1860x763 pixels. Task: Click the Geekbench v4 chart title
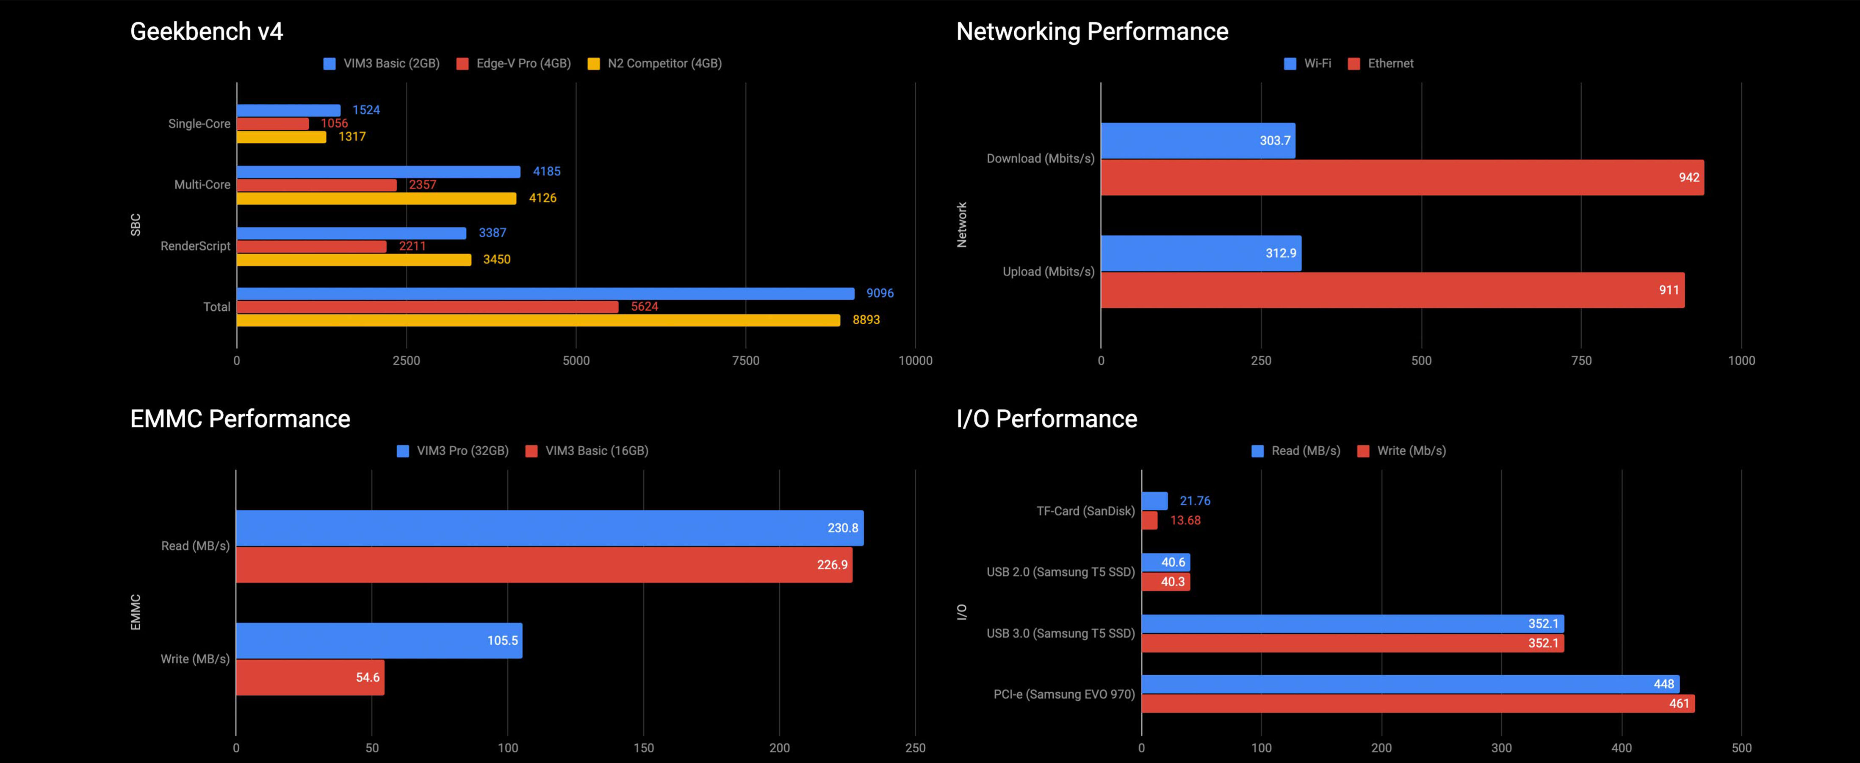[x=207, y=32]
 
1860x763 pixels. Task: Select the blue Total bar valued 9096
[x=545, y=293]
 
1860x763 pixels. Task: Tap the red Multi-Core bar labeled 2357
[x=316, y=185]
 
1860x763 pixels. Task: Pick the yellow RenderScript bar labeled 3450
[x=354, y=259]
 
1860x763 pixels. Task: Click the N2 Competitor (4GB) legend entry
[x=656, y=64]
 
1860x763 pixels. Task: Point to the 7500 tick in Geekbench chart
[x=745, y=361]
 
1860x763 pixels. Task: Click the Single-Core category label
[x=199, y=123]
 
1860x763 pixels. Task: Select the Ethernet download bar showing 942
[x=1401, y=178]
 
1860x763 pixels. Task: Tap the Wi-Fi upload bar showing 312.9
[x=1201, y=253]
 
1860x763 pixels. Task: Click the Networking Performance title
[x=1092, y=32]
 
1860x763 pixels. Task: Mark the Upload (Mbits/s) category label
[x=1049, y=272]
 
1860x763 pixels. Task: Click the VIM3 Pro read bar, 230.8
[x=549, y=528]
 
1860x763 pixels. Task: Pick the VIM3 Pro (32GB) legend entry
[x=454, y=451]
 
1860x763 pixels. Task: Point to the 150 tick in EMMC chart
[x=643, y=748]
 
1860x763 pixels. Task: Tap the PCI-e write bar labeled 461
[x=1417, y=704]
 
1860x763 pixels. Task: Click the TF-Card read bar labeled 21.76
[x=1154, y=501]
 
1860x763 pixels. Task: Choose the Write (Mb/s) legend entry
[x=1402, y=451]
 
